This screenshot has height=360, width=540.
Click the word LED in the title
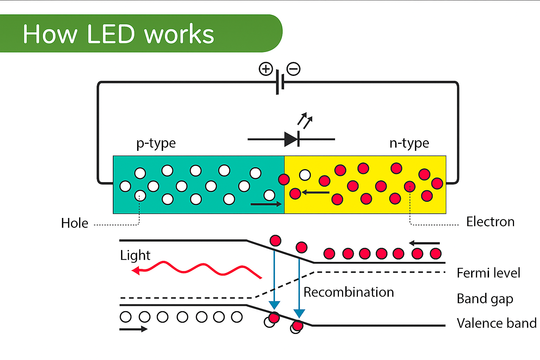point(111,34)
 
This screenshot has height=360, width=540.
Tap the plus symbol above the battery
point(266,69)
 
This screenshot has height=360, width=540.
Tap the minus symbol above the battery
point(294,69)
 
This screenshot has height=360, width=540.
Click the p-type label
point(156,143)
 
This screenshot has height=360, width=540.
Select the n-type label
point(409,143)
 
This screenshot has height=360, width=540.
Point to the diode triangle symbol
point(291,139)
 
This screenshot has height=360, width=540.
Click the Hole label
point(75,223)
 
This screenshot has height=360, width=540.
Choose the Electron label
point(490,222)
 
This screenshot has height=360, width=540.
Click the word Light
point(135,255)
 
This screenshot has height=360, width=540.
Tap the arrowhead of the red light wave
point(135,270)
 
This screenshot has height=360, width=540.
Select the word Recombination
point(348,292)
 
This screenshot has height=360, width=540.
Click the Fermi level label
point(488,273)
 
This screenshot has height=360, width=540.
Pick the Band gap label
point(484,299)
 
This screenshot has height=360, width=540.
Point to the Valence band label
point(496,323)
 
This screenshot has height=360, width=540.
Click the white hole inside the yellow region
point(305,175)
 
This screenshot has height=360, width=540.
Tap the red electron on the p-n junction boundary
point(284,179)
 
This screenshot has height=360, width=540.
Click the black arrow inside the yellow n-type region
point(316,192)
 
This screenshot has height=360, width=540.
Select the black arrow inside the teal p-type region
point(266,204)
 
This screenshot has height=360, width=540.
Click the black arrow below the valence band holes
point(133,329)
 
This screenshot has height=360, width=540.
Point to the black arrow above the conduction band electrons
point(424,243)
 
